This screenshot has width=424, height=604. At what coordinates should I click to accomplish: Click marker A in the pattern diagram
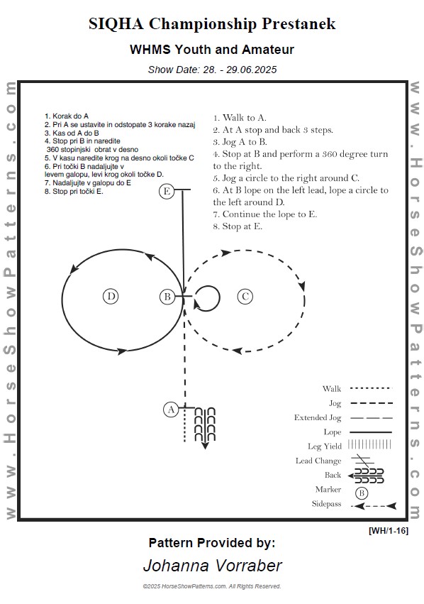tap(171, 410)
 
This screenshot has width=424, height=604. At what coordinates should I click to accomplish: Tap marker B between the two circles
tap(167, 297)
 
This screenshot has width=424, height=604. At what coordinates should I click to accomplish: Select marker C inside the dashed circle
tap(245, 297)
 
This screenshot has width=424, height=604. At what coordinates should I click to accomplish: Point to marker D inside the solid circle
tap(111, 297)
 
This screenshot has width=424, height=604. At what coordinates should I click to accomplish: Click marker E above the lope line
tap(167, 191)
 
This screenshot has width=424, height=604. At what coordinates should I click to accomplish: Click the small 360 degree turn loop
tap(220, 297)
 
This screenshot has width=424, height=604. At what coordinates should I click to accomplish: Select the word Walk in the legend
tap(332, 389)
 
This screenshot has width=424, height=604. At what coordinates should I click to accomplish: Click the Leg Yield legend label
tap(324, 446)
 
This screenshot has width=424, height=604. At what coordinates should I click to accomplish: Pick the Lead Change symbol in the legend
tap(362, 460)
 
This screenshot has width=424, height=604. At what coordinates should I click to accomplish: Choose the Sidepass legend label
tap(326, 503)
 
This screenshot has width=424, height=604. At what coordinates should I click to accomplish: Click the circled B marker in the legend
tap(362, 493)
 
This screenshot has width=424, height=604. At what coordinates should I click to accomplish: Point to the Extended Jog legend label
tap(318, 417)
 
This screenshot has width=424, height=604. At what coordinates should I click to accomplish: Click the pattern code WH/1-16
tap(389, 530)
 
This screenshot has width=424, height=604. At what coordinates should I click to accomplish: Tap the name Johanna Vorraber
tap(213, 566)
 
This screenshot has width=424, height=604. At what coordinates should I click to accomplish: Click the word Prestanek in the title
tap(299, 24)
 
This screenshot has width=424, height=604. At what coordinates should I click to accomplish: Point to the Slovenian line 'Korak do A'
tap(70, 116)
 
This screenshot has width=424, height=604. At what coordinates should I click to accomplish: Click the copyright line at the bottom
tap(212, 586)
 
